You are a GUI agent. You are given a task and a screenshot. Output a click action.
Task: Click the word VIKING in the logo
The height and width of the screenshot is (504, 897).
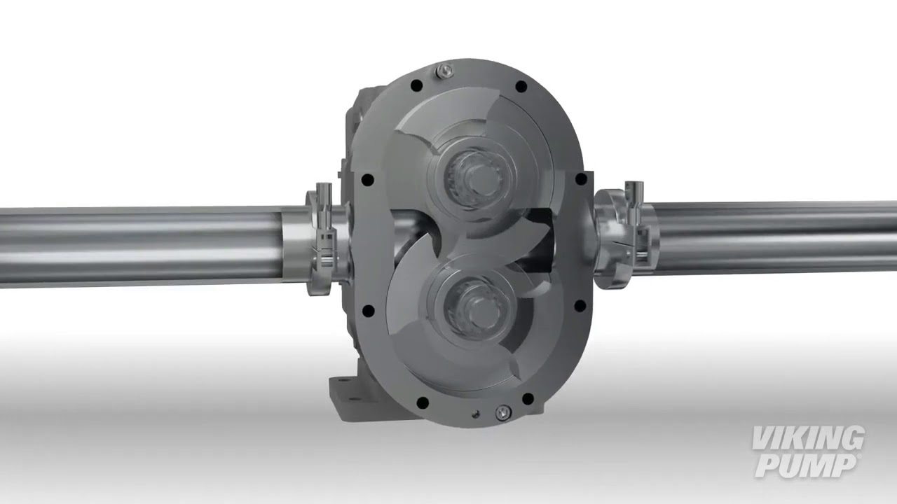808,440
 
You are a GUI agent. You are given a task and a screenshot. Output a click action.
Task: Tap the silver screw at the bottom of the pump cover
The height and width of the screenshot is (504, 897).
502,413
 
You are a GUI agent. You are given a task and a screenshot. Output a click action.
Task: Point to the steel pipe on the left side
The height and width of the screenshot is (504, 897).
140,245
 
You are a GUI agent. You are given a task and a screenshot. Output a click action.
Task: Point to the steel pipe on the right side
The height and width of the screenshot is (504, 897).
771,238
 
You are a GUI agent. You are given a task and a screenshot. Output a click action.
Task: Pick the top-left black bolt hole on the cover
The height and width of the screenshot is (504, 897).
416,85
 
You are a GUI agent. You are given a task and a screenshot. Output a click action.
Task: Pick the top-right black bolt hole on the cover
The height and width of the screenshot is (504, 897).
521,87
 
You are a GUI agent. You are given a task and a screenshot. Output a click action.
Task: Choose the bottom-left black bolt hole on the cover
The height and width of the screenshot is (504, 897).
423,402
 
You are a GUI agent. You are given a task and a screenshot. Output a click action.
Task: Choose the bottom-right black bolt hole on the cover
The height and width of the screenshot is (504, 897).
528,399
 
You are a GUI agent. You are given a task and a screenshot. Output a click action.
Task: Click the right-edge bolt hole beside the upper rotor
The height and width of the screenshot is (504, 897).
580,179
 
